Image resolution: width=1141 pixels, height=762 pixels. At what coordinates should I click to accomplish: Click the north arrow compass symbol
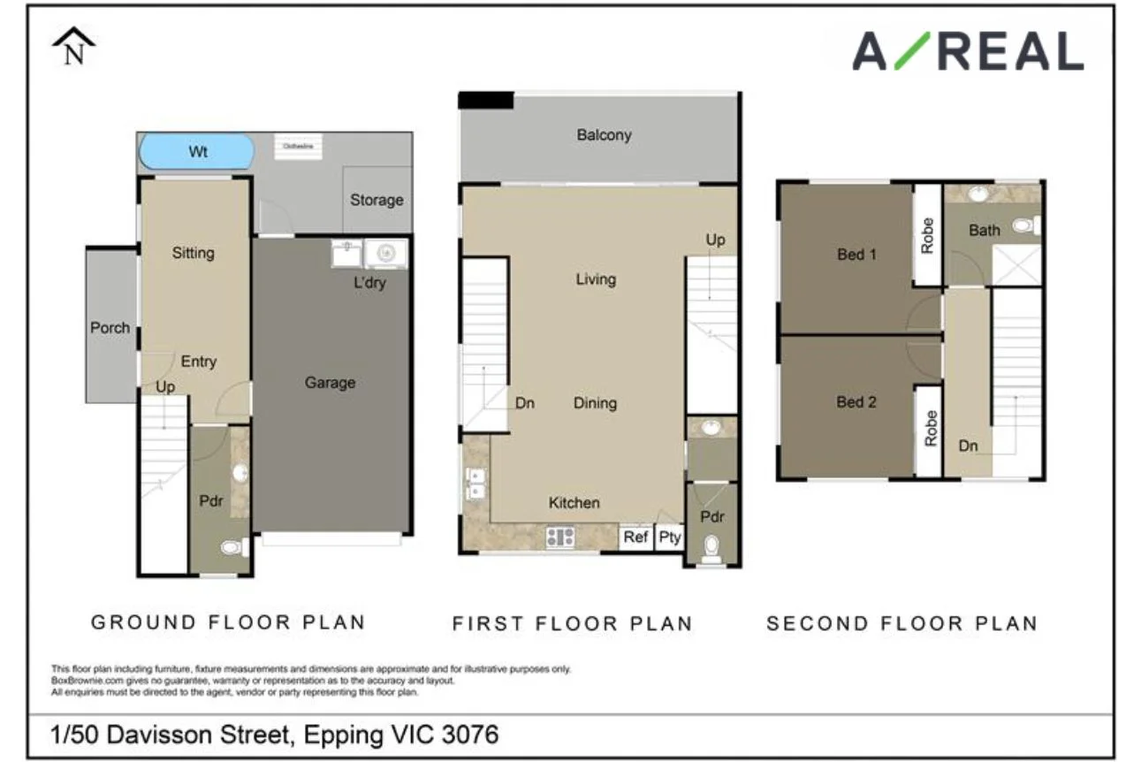tap(74, 47)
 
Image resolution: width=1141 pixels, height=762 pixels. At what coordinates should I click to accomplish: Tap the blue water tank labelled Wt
tap(197, 151)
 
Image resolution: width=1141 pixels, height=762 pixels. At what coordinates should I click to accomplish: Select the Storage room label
tap(377, 200)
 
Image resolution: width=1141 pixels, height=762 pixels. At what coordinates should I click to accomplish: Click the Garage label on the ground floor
tap(330, 383)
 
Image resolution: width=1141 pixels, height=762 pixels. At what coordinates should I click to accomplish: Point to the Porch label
tap(110, 328)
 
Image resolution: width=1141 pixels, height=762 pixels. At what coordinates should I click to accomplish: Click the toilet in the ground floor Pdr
tap(233, 548)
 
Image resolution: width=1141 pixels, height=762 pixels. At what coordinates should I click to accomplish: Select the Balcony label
tap(604, 135)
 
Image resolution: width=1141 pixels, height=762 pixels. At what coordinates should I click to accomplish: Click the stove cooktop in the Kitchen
tap(560, 537)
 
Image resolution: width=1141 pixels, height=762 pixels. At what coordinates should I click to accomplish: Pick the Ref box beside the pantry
tap(635, 537)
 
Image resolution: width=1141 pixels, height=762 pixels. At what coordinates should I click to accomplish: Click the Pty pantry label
tap(670, 537)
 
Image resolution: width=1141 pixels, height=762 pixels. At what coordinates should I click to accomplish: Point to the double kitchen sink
tap(475, 484)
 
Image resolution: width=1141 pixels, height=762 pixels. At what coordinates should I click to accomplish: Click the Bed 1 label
tap(856, 255)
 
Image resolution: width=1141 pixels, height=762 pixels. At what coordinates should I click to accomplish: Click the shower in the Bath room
tap(1016, 265)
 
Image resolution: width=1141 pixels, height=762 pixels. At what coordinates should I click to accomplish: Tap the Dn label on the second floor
tap(969, 446)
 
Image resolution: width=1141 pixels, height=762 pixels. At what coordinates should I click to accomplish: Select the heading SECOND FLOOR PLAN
tap(901, 623)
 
